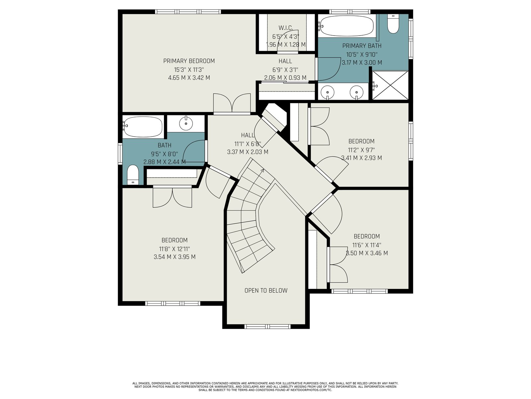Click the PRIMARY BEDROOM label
(189, 61)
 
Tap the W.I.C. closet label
(286, 28)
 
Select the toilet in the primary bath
(393, 24)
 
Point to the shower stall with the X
(390, 85)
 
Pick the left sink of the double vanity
(328, 92)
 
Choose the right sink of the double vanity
(356, 92)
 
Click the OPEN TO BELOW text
(266, 291)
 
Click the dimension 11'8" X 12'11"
(175, 249)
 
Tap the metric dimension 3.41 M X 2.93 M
(361, 158)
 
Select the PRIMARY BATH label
(362, 46)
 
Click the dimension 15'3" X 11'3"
(189, 70)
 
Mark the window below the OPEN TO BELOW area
(267, 327)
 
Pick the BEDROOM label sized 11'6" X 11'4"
(367, 236)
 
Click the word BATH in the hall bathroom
(165, 145)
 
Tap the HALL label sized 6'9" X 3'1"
(285, 61)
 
